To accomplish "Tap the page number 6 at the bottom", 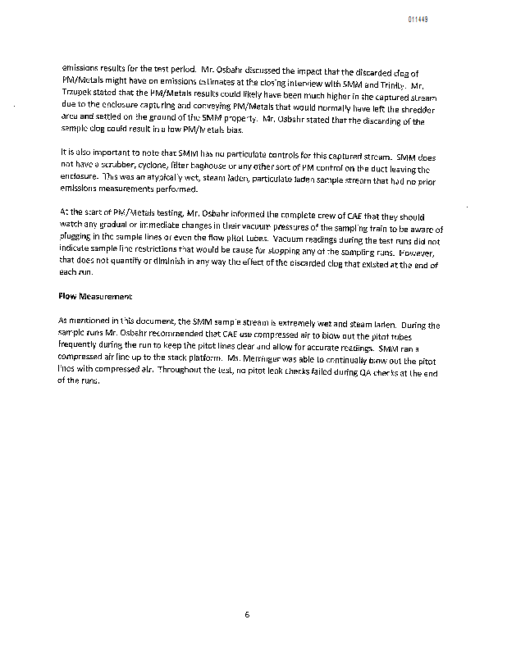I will pos(246,615).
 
